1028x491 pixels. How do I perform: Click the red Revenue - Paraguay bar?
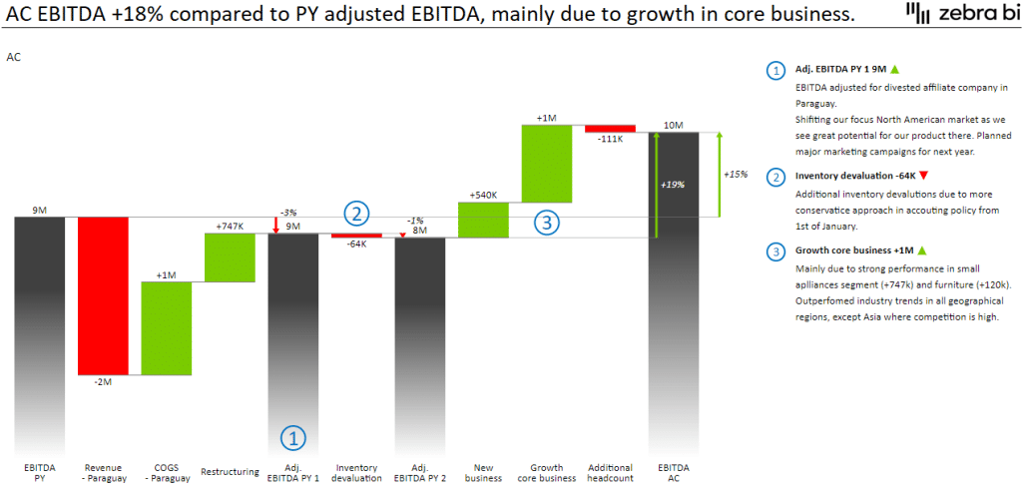coord(103,295)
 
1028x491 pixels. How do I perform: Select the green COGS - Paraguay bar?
coord(167,328)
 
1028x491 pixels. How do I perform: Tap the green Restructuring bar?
coord(230,257)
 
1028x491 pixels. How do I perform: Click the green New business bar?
coord(483,220)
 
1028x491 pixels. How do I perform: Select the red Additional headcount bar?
coord(610,129)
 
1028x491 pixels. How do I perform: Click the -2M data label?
coord(103,383)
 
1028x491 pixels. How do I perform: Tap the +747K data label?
coord(230,227)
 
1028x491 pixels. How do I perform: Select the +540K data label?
coord(483,196)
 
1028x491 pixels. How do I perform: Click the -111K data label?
coord(610,140)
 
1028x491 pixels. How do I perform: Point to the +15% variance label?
coord(736,174)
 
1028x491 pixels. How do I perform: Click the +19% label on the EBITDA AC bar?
coord(673,185)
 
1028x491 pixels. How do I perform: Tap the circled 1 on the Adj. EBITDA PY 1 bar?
coord(292,436)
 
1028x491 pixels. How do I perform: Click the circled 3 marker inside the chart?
coord(545,223)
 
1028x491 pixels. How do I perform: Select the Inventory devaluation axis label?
coord(356,473)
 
